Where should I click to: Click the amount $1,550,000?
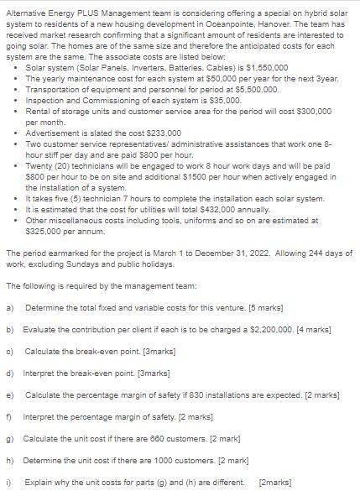[x=267, y=65]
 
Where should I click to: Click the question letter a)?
[x=9, y=307]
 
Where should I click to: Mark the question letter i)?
[x=8, y=482]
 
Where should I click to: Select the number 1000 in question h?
[x=160, y=460]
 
